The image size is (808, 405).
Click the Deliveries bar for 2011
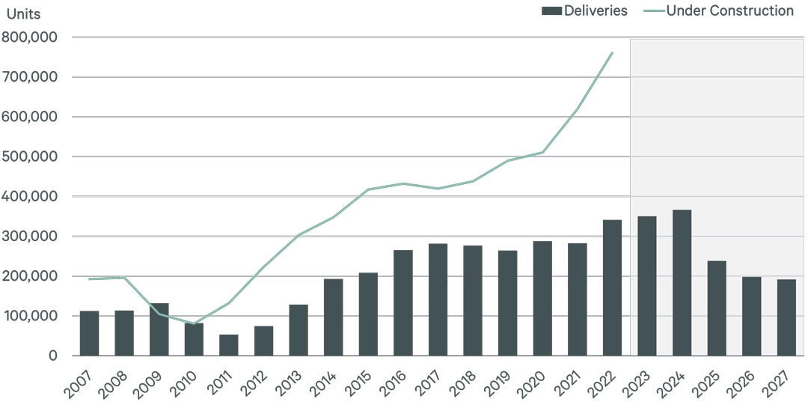229,345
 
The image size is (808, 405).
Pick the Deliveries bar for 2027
786,317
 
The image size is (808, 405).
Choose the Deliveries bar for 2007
90,333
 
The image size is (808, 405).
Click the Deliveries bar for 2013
299,330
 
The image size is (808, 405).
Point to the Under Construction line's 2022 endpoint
612,52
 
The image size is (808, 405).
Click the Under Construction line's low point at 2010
194,324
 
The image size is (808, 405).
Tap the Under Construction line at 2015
368,189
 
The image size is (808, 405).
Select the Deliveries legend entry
584,10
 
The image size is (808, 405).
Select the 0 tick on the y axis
53,356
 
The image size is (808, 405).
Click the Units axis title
24,14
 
